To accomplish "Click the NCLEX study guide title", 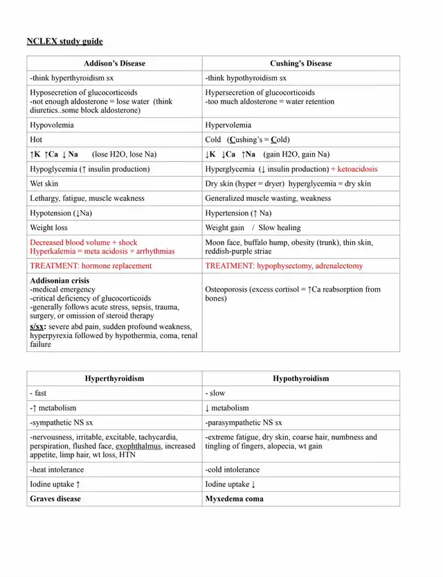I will [x=64, y=42].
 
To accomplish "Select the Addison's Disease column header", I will [x=115, y=63].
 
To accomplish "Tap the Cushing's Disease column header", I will [x=300, y=63].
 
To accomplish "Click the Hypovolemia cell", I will [x=52, y=125].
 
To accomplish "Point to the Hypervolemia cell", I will [x=228, y=125].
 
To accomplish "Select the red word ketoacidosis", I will [x=357, y=169].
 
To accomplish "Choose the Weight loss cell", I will [x=49, y=227].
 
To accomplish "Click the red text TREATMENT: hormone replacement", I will [x=91, y=265].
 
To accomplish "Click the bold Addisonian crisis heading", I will [x=60, y=281].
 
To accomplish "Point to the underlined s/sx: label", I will [x=38, y=326].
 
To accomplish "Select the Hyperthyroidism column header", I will [x=114, y=378].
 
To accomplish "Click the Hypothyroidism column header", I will [x=300, y=378].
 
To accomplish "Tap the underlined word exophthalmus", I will [x=138, y=447].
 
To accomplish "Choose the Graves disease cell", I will [x=55, y=499].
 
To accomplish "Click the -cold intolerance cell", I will [x=233, y=470].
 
